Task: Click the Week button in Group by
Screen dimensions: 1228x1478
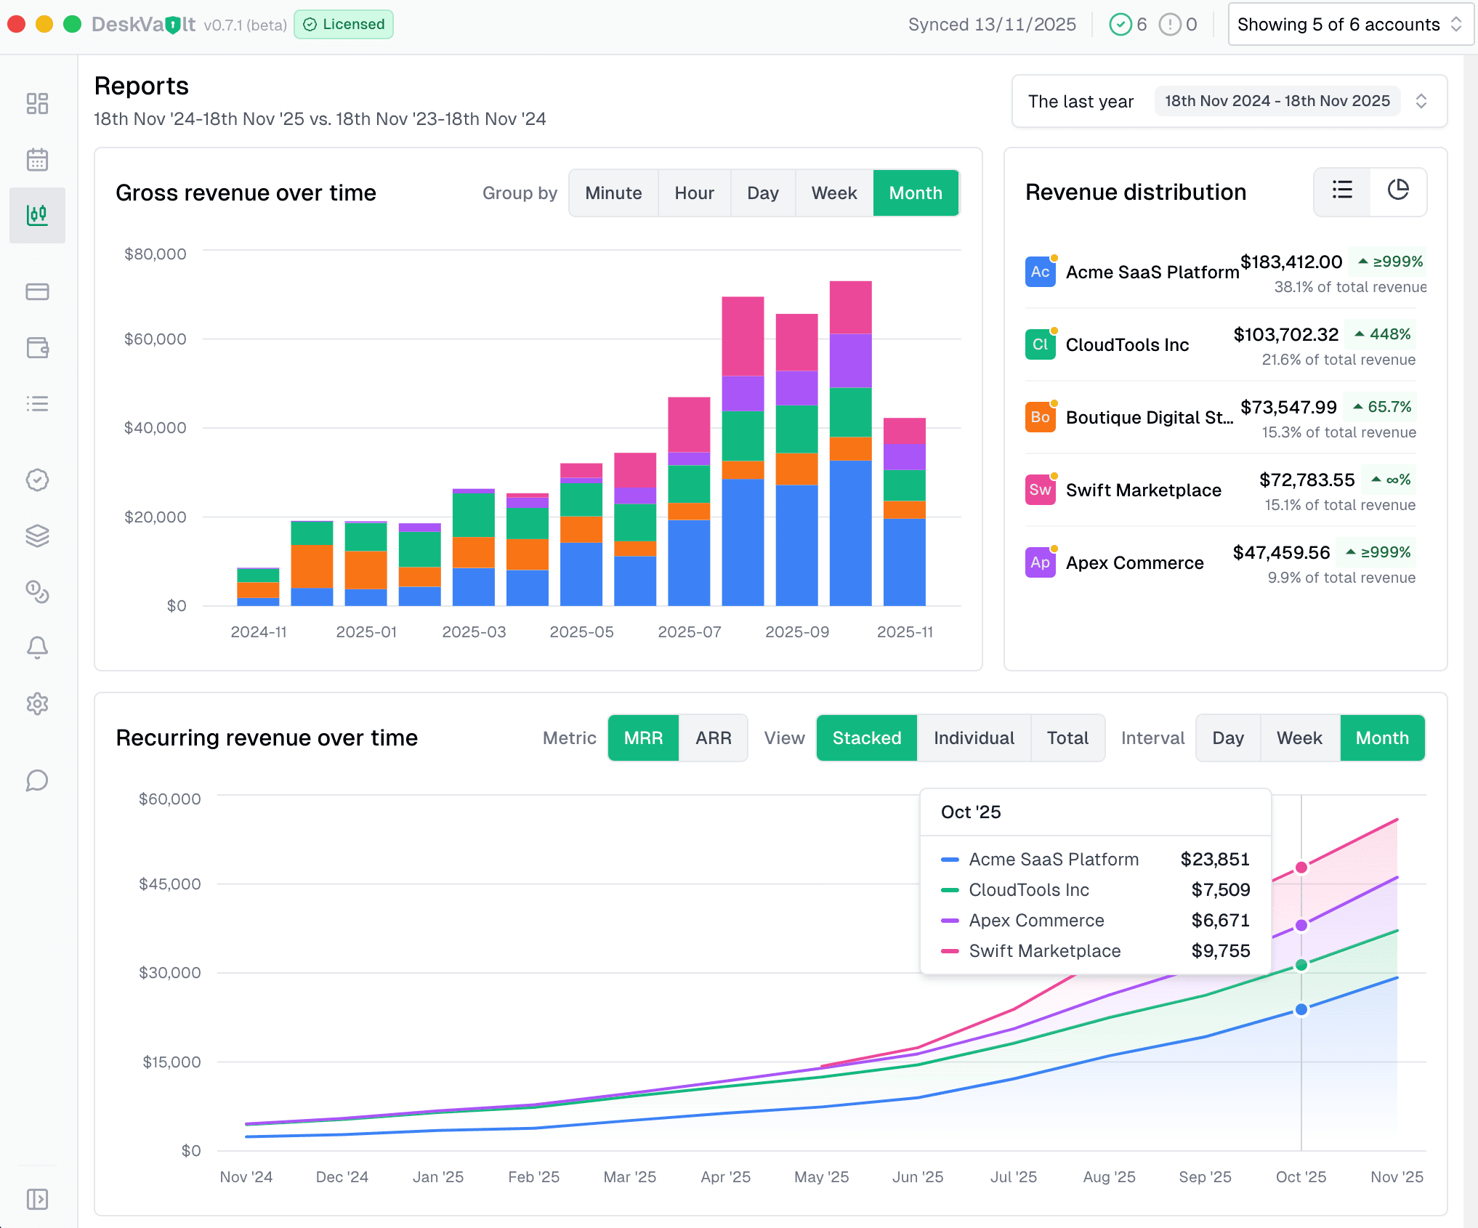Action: click(833, 193)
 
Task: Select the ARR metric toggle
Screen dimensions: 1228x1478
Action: click(713, 738)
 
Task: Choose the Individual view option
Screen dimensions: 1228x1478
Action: click(973, 738)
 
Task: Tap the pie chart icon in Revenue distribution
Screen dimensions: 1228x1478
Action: click(1397, 191)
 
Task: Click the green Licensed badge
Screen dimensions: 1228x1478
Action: click(344, 25)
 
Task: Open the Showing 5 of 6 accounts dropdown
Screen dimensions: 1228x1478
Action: click(1349, 25)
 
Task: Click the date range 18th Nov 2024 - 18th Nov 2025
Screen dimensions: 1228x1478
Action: click(1277, 101)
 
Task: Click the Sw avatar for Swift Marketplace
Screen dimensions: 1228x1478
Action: click(1040, 490)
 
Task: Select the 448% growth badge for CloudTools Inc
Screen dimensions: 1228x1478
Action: click(1381, 334)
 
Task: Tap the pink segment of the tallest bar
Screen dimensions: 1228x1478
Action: click(850, 307)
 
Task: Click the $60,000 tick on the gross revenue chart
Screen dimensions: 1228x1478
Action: click(155, 339)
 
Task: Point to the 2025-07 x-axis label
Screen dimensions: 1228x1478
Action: click(689, 632)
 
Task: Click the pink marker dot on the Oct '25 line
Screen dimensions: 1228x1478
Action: click(1301, 868)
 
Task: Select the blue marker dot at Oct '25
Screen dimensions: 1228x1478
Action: click(1301, 1009)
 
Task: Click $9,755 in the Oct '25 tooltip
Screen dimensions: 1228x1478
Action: click(1220, 951)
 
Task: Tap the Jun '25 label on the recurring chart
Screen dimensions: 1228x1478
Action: click(917, 1177)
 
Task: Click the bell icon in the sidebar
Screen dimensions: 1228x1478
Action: click(37, 647)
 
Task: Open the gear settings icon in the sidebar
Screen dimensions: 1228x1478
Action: click(37, 703)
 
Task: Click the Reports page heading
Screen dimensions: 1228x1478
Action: click(142, 86)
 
